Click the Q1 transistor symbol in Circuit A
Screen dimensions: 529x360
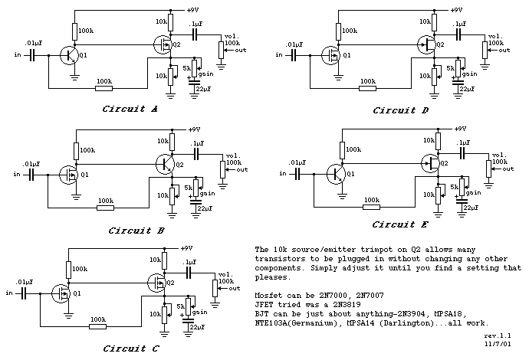(69, 55)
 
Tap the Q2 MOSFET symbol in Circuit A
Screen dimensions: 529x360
(163, 44)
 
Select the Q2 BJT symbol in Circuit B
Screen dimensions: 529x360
(166, 164)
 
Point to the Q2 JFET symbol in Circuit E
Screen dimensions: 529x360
(431, 163)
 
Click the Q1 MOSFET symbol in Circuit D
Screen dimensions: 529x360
(330, 55)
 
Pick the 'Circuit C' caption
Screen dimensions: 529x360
(131, 349)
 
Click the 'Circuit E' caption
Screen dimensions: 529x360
(400, 224)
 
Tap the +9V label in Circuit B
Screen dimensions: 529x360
(194, 129)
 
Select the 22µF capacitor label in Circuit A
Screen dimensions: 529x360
(203, 90)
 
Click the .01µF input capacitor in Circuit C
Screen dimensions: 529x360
(24, 293)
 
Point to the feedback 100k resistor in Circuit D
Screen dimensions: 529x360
(367, 88)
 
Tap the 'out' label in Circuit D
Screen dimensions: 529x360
(504, 51)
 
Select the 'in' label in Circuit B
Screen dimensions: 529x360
(17, 175)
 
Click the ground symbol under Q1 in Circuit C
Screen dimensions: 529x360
(69, 316)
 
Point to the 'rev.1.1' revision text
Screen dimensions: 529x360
(498, 335)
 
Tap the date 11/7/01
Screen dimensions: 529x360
(498, 344)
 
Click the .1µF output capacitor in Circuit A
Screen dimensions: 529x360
(194, 34)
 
